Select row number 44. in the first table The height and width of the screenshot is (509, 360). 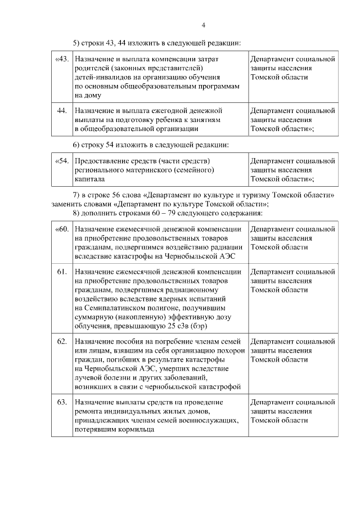click(x=62, y=110)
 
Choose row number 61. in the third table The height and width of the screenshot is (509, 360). click(x=62, y=272)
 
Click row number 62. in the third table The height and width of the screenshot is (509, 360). click(x=62, y=341)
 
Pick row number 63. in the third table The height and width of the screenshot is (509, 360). click(x=62, y=402)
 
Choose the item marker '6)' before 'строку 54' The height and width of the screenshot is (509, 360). click(x=77, y=145)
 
